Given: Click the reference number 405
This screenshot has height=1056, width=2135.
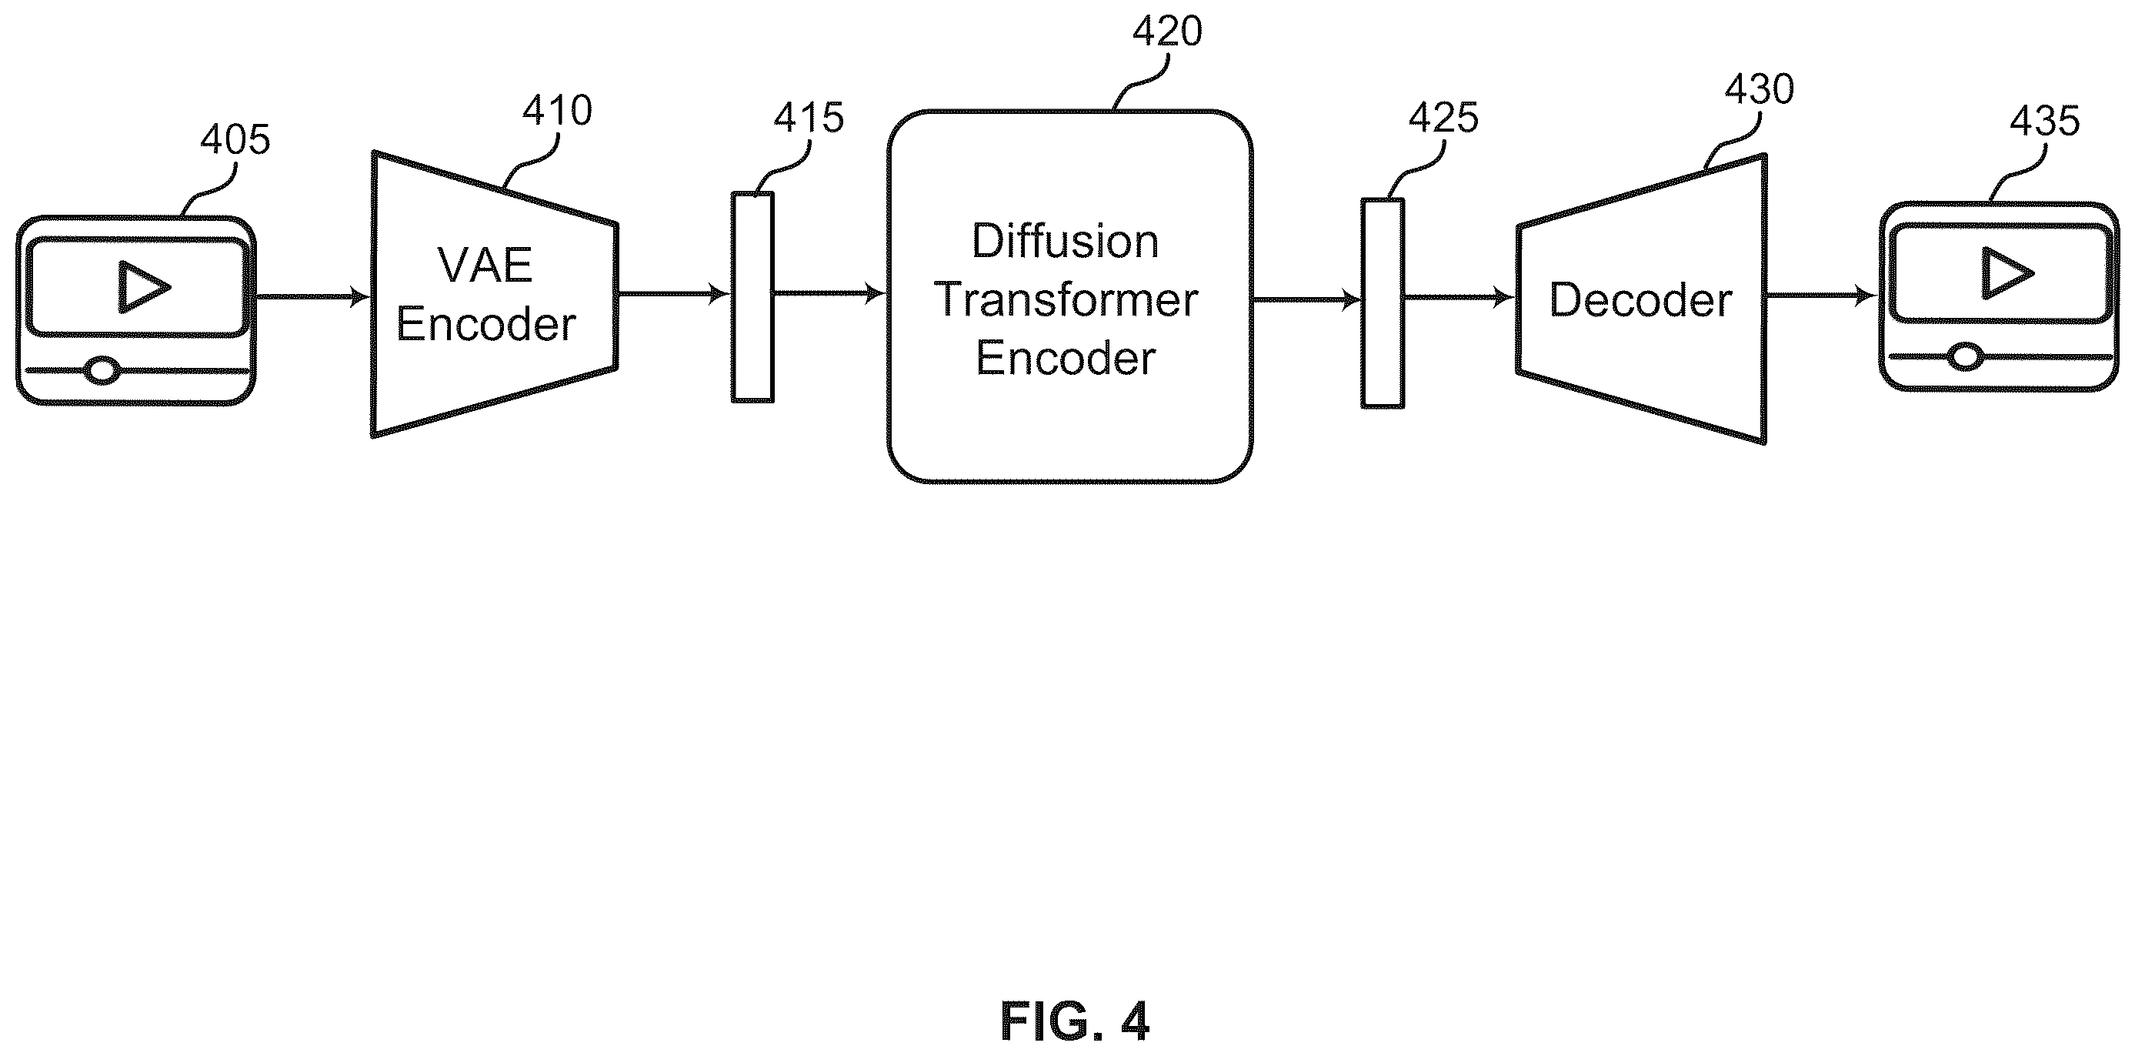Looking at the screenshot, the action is pos(235,139).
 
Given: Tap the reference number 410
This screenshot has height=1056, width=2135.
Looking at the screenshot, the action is pos(557,110).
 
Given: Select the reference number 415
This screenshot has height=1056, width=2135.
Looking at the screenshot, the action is pos(809,118).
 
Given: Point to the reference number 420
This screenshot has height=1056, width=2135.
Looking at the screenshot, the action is pos(1167,32).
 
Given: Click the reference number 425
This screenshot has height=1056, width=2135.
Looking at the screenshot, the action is pos(1444,118).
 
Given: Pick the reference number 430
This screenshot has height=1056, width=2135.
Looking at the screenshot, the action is pos(1760,89).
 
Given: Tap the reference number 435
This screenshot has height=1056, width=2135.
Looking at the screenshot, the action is pos(2045,121).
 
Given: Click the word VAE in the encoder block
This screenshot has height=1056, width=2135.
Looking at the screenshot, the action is pos(485,266).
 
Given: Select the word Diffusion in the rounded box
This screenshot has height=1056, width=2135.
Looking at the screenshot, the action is pos(1065,241).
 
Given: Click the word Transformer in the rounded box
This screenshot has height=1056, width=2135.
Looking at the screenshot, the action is pos(1066,299).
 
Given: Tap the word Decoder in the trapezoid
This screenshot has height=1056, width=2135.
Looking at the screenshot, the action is pos(1641,299).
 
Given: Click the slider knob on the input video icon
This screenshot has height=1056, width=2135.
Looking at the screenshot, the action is pos(103,369).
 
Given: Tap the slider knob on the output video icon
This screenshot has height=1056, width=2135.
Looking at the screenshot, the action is pos(1965,356).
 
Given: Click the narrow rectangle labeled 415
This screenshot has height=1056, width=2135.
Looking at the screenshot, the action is pos(752,297).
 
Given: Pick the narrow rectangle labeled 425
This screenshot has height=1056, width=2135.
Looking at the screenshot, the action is pos(1383,303).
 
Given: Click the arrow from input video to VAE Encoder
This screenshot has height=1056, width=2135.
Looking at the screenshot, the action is pos(312,296).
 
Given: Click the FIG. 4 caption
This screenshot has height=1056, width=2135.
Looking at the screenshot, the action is pos(1075,1021).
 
